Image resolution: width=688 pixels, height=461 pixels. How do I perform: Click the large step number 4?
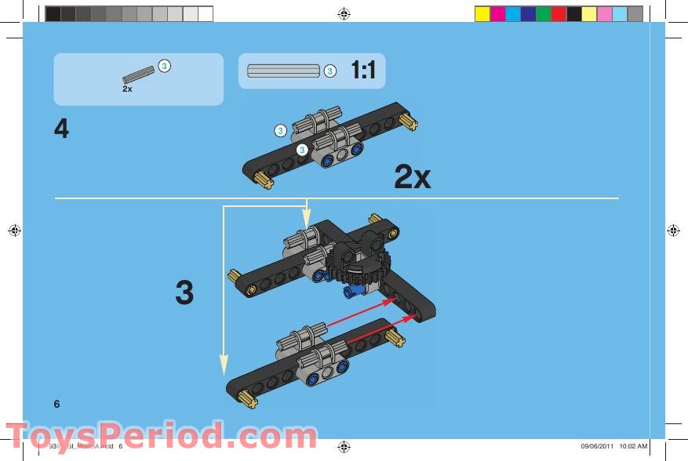coord(61,129)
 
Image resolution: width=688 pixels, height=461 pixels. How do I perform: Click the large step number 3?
coord(184,293)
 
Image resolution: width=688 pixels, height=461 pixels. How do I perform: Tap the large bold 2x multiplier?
coord(412,178)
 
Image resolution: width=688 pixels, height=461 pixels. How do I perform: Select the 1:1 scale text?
coord(363,71)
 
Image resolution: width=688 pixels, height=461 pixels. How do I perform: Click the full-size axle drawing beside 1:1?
coord(283,71)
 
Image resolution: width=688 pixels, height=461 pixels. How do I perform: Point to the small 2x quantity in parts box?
coord(127,89)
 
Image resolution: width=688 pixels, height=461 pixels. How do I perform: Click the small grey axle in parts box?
coord(138,74)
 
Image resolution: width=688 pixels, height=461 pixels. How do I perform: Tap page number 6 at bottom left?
coord(56,404)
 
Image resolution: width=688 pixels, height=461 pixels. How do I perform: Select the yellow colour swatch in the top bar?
coord(482,14)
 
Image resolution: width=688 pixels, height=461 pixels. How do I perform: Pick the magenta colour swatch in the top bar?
coord(497,14)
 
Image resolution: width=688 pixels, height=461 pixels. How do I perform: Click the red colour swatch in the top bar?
coord(559,14)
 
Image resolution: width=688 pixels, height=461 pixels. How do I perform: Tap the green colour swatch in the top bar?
coord(543,14)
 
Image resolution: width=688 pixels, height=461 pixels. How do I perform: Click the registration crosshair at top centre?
coord(344,13)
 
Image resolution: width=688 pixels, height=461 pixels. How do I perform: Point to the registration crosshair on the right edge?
coord(673,230)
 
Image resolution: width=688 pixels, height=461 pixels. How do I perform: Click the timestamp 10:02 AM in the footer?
coord(633,447)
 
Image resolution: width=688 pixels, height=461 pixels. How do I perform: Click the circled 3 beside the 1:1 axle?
coord(330,71)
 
